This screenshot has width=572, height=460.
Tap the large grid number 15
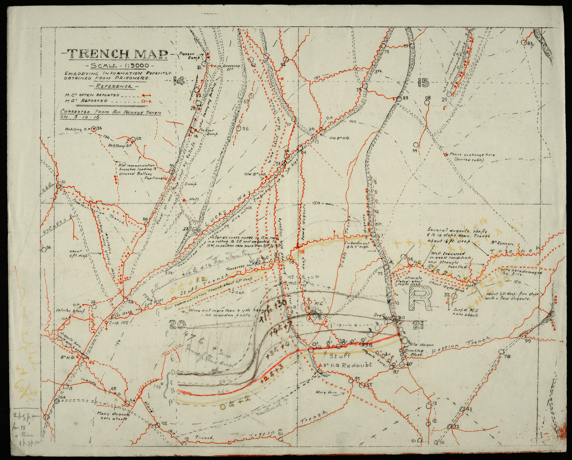coord(423,83)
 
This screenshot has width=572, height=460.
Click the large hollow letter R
coord(420,298)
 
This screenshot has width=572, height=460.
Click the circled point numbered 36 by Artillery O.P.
coord(94,129)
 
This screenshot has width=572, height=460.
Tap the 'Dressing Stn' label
coord(231,67)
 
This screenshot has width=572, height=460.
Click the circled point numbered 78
coord(501,352)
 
